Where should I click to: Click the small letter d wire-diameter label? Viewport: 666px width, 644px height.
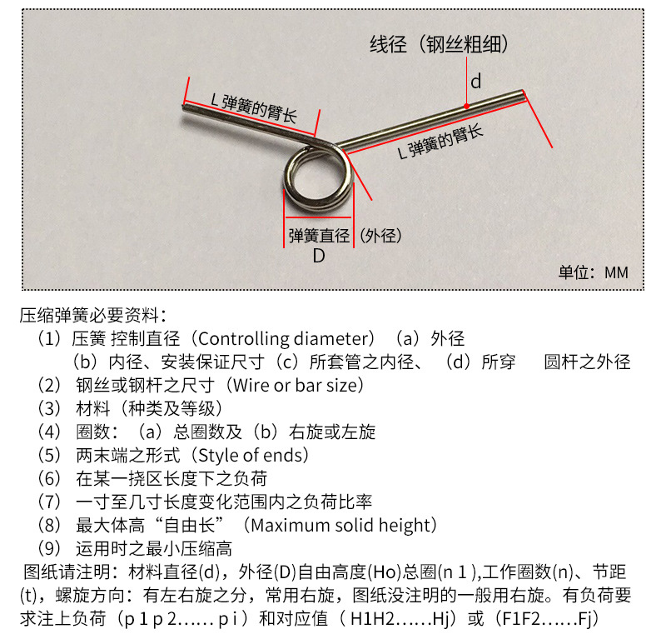(475, 81)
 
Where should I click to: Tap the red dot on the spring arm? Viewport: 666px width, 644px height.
(466, 107)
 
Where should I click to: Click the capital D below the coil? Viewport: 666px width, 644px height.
(319, 256)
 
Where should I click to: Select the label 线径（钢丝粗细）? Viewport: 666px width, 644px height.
(439, 44)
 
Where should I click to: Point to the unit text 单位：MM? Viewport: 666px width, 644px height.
(593, 272)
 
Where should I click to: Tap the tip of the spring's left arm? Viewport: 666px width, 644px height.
(184, 107)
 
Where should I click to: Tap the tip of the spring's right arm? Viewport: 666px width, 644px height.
(523, 92)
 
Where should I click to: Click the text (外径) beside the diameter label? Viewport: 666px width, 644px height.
(380, 236)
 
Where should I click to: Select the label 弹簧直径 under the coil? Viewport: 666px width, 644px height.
(319, 236)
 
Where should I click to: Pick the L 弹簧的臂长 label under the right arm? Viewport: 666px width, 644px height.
(440, 142)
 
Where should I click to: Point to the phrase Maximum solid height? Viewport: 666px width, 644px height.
(340, 526)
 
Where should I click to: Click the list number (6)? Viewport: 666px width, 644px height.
(49, 479)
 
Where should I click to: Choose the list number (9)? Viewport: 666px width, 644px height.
(49, 549)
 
